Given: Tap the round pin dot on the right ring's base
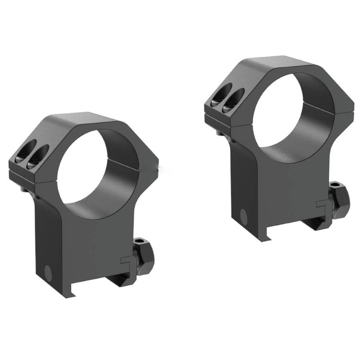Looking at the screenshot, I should [x=243, y=215].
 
